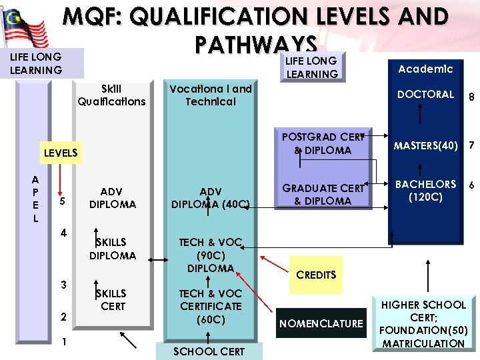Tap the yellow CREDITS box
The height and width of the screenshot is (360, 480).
point(316,275)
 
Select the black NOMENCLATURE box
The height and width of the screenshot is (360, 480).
point(321,323)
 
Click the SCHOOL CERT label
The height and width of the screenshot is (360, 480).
point(209,351)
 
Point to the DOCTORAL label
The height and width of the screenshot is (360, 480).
point(425,95)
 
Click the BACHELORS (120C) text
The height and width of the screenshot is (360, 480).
point(425,190)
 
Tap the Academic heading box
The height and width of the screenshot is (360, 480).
point(425,69)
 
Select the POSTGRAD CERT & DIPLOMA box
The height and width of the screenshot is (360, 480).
point(323,144)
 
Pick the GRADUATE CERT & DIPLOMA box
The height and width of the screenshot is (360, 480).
point(323,195)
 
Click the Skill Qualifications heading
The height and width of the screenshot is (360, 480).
point(111,95)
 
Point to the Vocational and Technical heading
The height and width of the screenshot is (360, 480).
point(211,95)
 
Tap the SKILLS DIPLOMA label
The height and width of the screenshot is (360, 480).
point(112,248)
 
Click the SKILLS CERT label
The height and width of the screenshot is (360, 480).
point(112,299)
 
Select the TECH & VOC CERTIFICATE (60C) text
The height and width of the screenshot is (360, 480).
point(211,306)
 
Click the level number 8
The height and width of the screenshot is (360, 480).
point(471,97)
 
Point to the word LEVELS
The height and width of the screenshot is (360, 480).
point(61,153)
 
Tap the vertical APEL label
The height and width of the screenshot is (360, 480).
point(35,199)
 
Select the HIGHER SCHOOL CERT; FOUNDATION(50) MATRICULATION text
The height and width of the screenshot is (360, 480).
point(423,324)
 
